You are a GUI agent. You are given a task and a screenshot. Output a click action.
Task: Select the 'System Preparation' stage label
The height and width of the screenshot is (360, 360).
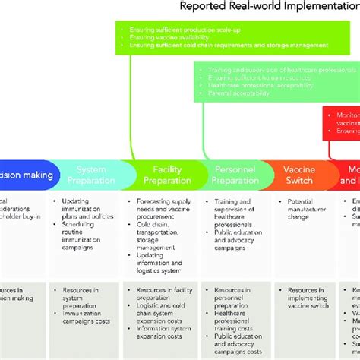(91, 175)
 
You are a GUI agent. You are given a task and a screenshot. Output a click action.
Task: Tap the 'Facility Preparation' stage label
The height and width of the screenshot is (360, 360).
(166, 175)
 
